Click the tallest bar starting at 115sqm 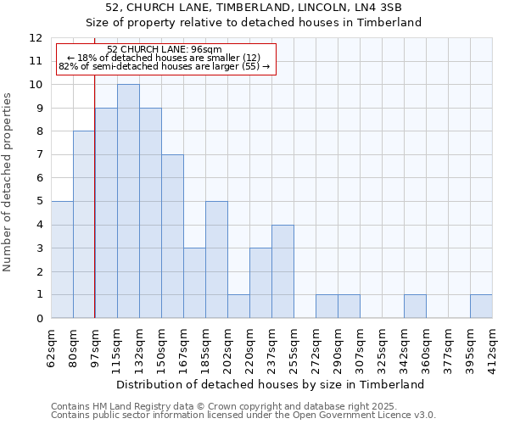click(128, 201)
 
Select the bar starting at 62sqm click(62, 259)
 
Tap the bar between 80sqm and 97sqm click(84, 225)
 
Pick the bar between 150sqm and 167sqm click(172, 237)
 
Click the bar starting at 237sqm click(282, 271)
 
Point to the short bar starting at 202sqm click(238, 306)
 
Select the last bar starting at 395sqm click(481, 306)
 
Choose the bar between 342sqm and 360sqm click(415, 306)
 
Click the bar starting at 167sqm click(194, 283)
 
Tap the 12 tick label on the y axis click(36, 38)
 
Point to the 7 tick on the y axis click(39, 154)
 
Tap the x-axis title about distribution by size click(271, 384)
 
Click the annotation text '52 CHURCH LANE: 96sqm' click(165, 49)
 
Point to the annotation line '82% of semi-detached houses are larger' click(164, 66)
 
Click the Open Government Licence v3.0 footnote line click(243, 415)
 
